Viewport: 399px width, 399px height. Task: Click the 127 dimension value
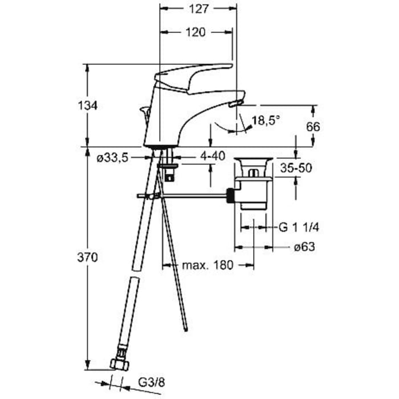199,9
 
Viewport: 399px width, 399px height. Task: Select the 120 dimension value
196,32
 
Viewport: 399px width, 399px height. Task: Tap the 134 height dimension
88,105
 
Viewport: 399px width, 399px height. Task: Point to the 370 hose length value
88,258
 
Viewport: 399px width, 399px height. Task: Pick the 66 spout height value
313,127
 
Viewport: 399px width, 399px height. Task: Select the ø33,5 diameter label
112,158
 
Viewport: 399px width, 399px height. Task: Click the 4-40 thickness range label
213,156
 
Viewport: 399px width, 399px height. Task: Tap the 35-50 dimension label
296,168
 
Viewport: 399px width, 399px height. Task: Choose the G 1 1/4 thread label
299,227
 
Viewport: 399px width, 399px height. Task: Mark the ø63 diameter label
304,247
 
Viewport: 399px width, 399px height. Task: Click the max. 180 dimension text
207,265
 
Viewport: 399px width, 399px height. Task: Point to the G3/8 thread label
152,382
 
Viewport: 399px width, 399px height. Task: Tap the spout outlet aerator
235,104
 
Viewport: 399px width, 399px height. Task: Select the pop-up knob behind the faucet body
145,113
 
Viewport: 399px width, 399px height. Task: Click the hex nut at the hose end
120,365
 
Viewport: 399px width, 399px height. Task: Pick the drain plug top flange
254,160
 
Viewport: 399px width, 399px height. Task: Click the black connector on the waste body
231,196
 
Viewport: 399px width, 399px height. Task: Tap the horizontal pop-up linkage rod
182,196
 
